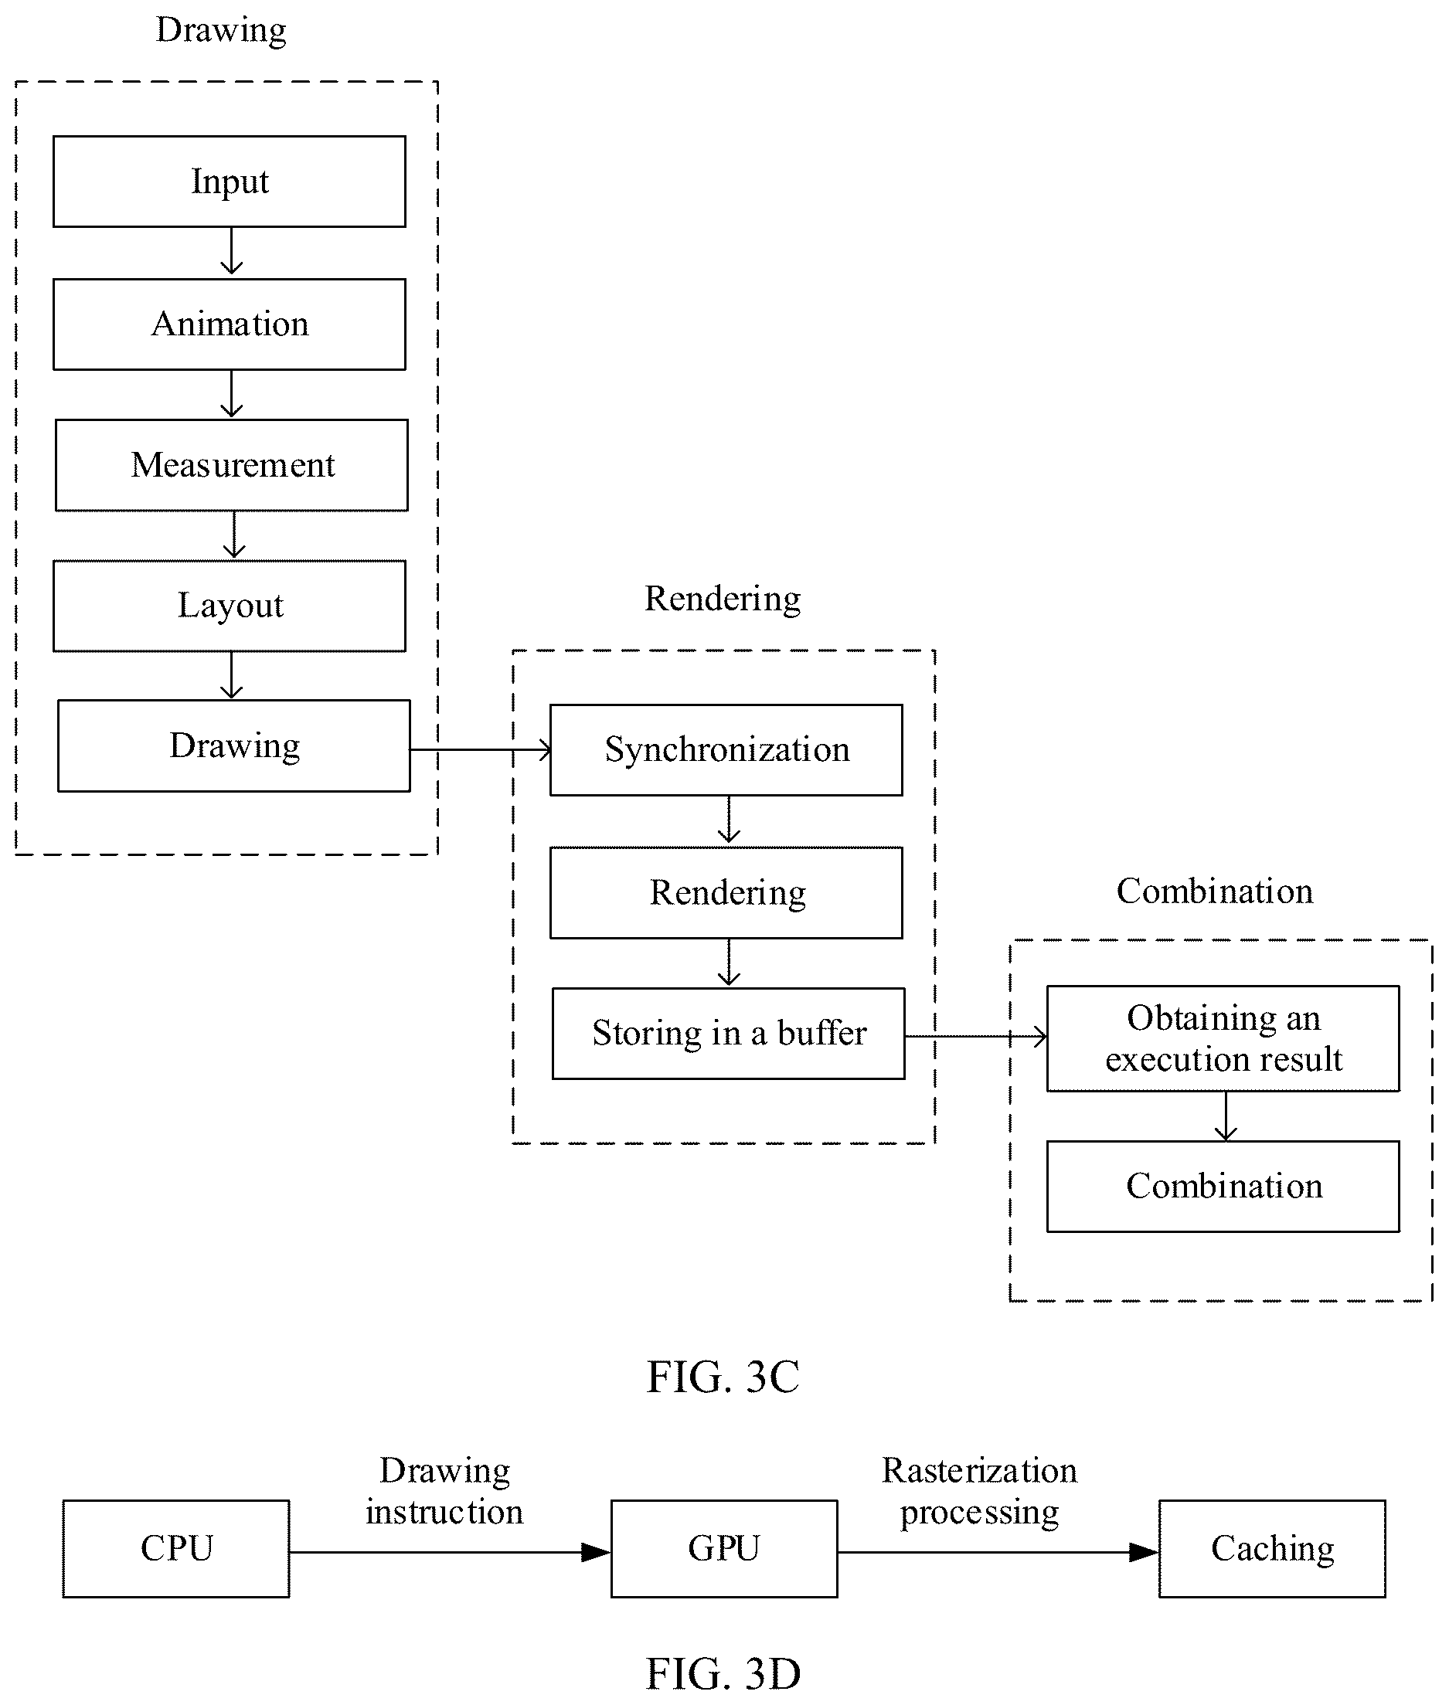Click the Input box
[230, 182]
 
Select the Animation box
[230, 324]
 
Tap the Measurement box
[232, 465]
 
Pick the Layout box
[230, 606]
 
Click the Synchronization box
[726, 750]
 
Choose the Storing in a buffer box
[729, 1033]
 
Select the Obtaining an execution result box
[1223, 1038]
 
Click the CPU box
[175, 1548]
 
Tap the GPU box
[723, 1548]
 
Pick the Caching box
[1271, 1548]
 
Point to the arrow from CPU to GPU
[450, 1551]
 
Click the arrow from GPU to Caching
[998, 1551]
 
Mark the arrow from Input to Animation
[232, 250]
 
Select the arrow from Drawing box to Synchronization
[481, 749]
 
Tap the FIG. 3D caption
[723, 1673]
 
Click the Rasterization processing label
[979, 1491]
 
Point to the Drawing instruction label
[444, 1491]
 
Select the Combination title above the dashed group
[1214, 891]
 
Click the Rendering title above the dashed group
[723, 599]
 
